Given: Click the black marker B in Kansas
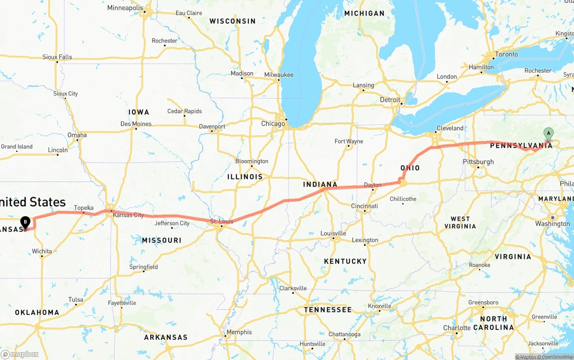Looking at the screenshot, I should [26, 221].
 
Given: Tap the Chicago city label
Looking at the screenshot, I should [273, 123].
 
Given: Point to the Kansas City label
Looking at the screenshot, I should [128, 215].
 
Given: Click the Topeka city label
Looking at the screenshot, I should [83, 208].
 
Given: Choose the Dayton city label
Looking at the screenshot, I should [373, 185].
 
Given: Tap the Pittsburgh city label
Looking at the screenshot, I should [478, 162].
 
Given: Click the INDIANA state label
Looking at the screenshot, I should [320, 184].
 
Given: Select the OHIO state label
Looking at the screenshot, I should [410, 168].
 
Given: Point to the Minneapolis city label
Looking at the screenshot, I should [125, 8].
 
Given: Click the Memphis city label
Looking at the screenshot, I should [239, 332].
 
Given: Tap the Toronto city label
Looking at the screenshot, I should [506, 54].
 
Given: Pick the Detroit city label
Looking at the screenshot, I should [390, 100].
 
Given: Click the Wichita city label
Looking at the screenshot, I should [42, 251].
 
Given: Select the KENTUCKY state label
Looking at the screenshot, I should [345, 261].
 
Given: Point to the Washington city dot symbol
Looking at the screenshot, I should [553, 217].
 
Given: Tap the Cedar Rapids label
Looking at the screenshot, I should [184, 111].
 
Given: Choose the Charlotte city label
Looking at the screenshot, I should [457, 328].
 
